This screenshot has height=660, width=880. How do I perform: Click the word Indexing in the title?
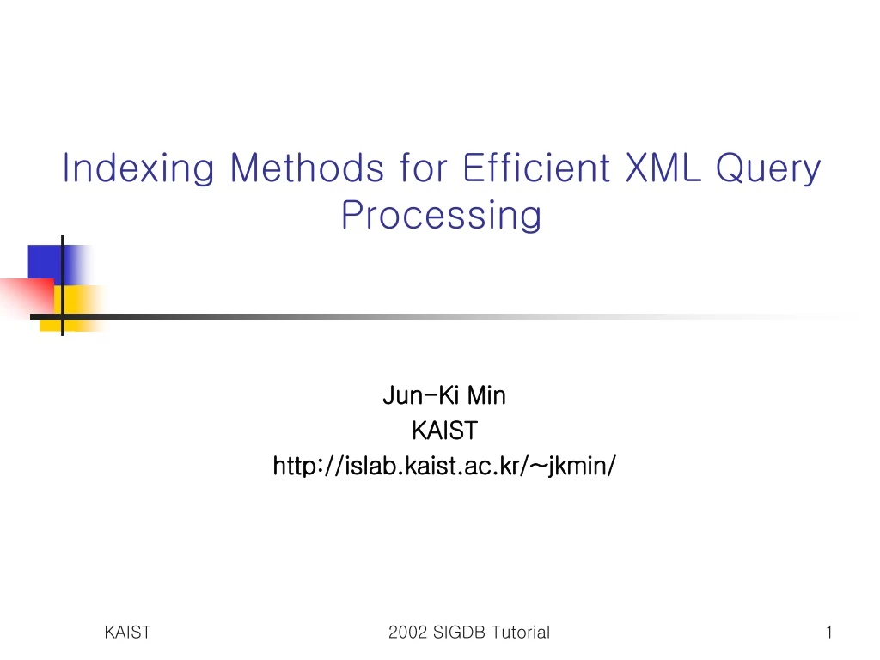click(137, 168)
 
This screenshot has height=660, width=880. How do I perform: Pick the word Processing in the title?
click(441, 215)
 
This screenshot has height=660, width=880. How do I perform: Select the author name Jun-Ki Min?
click(443, 395)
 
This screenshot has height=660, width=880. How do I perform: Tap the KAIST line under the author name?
click(443, 430)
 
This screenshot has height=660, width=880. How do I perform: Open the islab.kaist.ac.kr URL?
click(443, 466)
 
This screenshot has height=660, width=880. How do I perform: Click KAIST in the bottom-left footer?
click(127, 632)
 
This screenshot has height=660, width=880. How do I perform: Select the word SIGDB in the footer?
click(455, 633)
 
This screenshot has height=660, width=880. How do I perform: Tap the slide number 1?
click(828, 632)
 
